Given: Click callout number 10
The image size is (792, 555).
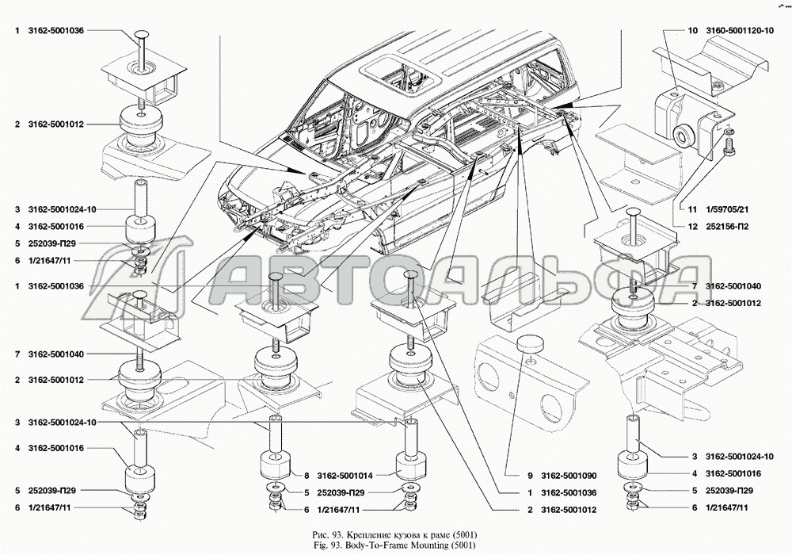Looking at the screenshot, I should tap(692, 30).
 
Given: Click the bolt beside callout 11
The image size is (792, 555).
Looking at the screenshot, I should tap(730, 144).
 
